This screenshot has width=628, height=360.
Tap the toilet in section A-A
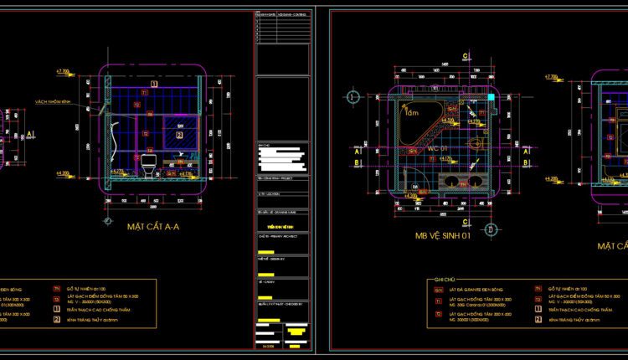pos(148,165)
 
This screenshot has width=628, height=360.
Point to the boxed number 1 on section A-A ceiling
pos(153,83)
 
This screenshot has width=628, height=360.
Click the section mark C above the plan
pos(465,56)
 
